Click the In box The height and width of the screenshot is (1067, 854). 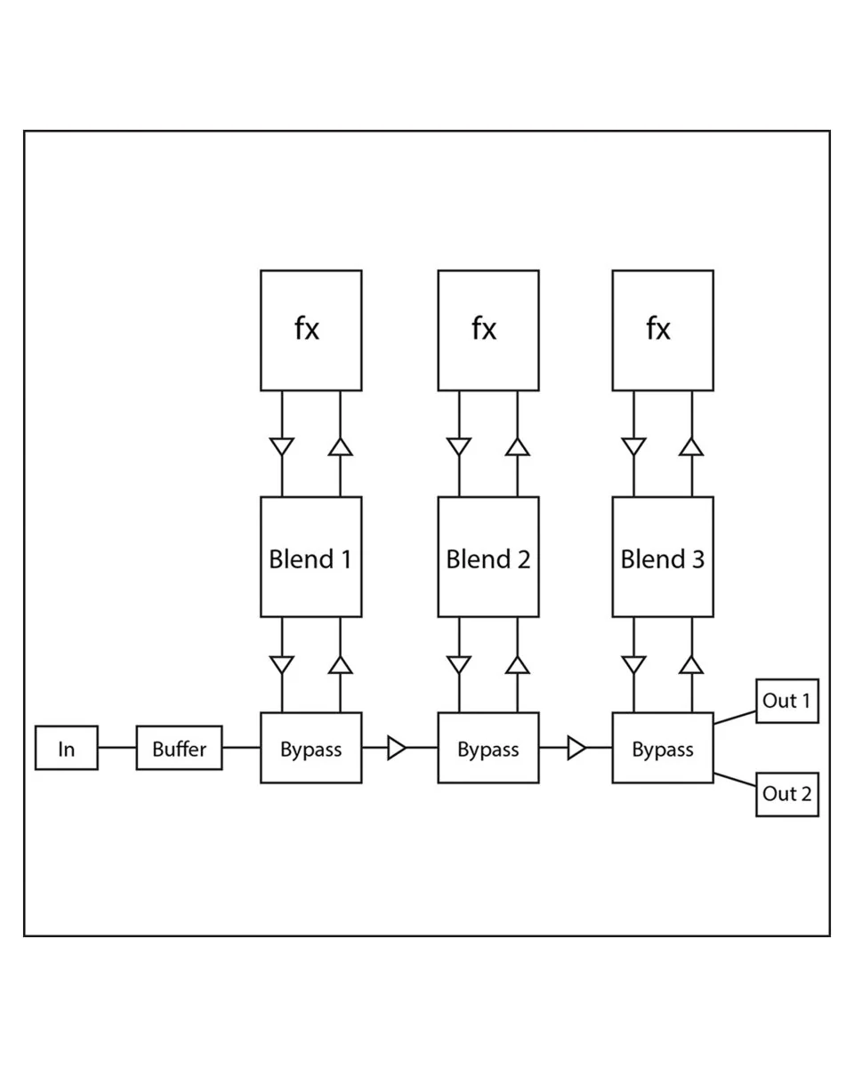[x=67, y=748]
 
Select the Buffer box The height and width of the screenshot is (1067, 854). [x=179, y=748]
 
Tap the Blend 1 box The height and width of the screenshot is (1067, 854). [x=311, y=557]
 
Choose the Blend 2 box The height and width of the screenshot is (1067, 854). [x=488, y=557]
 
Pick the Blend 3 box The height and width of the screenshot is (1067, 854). [x=663, y=557]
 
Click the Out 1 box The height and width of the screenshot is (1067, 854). [x=787, y=701]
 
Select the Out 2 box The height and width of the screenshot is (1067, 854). [x=787, y=794]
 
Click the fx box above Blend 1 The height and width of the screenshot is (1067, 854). [x=311, y=330]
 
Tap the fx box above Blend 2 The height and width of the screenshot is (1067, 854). [x=488, y=330]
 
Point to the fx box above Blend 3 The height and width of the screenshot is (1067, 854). [x=663, y=330]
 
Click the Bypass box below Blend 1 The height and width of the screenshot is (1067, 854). [x=311, y=748]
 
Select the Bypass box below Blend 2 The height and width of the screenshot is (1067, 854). [x=488, y=748]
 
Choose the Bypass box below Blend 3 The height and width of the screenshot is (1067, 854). [x=663, y=748]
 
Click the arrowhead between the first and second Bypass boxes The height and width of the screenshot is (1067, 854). [x=397, y=748]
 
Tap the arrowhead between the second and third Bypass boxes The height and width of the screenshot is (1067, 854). [x=576, y=748]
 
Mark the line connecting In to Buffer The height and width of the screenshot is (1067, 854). [x=117, y=748]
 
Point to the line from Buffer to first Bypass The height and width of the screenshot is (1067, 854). [x=241, y=748]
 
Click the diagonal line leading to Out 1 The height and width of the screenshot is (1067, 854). [x=735, y=718]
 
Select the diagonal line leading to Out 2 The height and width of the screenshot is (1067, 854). [x=735, y=780]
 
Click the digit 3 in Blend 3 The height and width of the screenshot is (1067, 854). [x=698, y=559]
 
